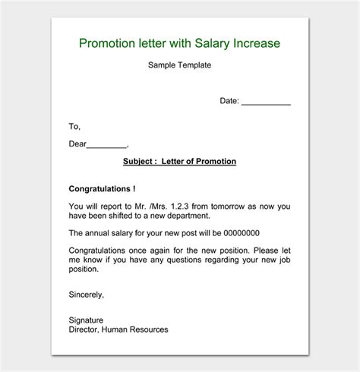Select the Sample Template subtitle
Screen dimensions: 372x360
[179, 65]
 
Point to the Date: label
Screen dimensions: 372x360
[229, 100]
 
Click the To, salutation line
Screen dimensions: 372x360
[74, 127]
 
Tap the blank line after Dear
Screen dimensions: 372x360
[107, 143]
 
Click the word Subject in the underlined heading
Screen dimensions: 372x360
[139, 162]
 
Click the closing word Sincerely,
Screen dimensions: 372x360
[87, 295]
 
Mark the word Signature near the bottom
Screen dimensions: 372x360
[86, 320]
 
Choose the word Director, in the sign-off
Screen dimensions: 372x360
[85, 329]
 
